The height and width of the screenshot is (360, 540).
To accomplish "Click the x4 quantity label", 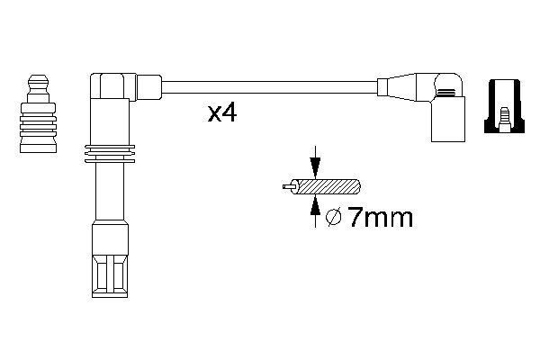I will click(221, 113).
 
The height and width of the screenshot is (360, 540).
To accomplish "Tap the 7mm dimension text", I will click(380, 217).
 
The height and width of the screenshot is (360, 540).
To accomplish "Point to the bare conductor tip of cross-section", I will click(286, 188).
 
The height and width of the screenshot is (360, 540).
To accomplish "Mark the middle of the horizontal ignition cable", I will click(270, 87).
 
